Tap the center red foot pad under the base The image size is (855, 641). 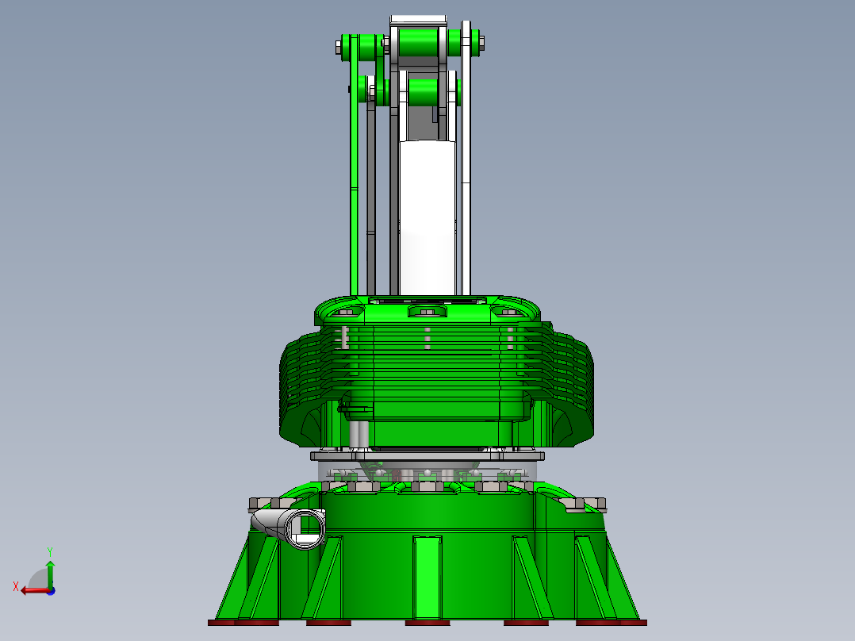(427, 623)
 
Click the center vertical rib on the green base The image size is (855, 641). (427, 574)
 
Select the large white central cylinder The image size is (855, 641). (427, 214)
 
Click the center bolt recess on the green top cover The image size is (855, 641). (427, 312)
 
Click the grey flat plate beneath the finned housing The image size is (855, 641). (427, 456)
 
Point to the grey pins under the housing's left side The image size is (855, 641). (358, 435)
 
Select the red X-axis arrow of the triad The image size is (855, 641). (30, 589)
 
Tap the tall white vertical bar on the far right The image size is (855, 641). (466, 159)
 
